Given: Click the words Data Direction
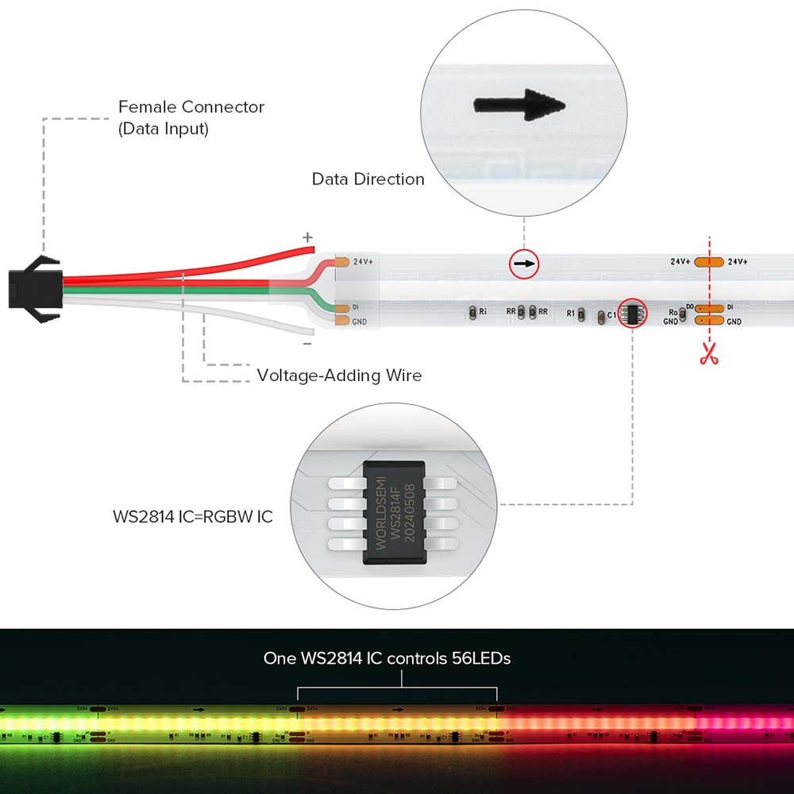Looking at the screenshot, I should (x=368, y=179).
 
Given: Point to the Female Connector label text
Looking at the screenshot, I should (x=191, y=117).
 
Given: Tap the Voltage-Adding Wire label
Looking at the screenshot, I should (x=339, y=375).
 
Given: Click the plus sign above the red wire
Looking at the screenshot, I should (x=308, y=237).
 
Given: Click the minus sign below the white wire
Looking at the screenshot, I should (x=307, y=344).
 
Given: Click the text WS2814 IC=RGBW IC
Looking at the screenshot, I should (x=192, y=517).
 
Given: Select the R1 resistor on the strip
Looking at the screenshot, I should (x=581, y=314).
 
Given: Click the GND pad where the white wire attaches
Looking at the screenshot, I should (x=341, y=321).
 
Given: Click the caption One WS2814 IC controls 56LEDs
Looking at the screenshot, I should (x=387, y=658).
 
